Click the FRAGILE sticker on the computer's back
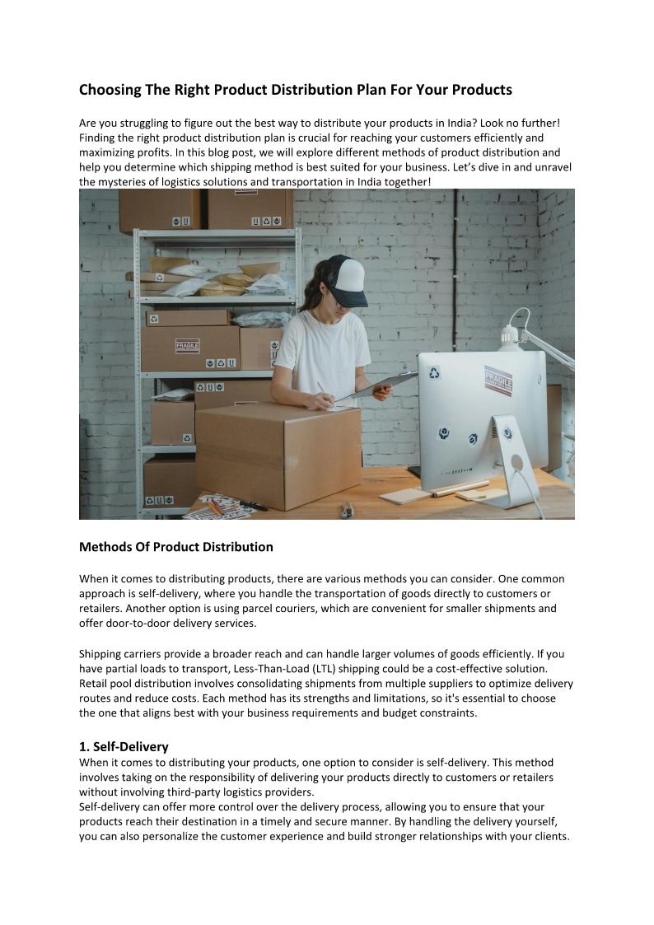click(x=498, y=381)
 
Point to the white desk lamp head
click(x=510, y=333)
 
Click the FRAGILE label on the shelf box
click(x=187, y=345)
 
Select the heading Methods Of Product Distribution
click(x=175, y=547)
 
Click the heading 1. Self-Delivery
click(x=124, y=746)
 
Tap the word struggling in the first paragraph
click(x=144, y=123)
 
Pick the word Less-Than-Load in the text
click(x=329, y=668)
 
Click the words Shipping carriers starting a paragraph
click(x=120, y=654)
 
